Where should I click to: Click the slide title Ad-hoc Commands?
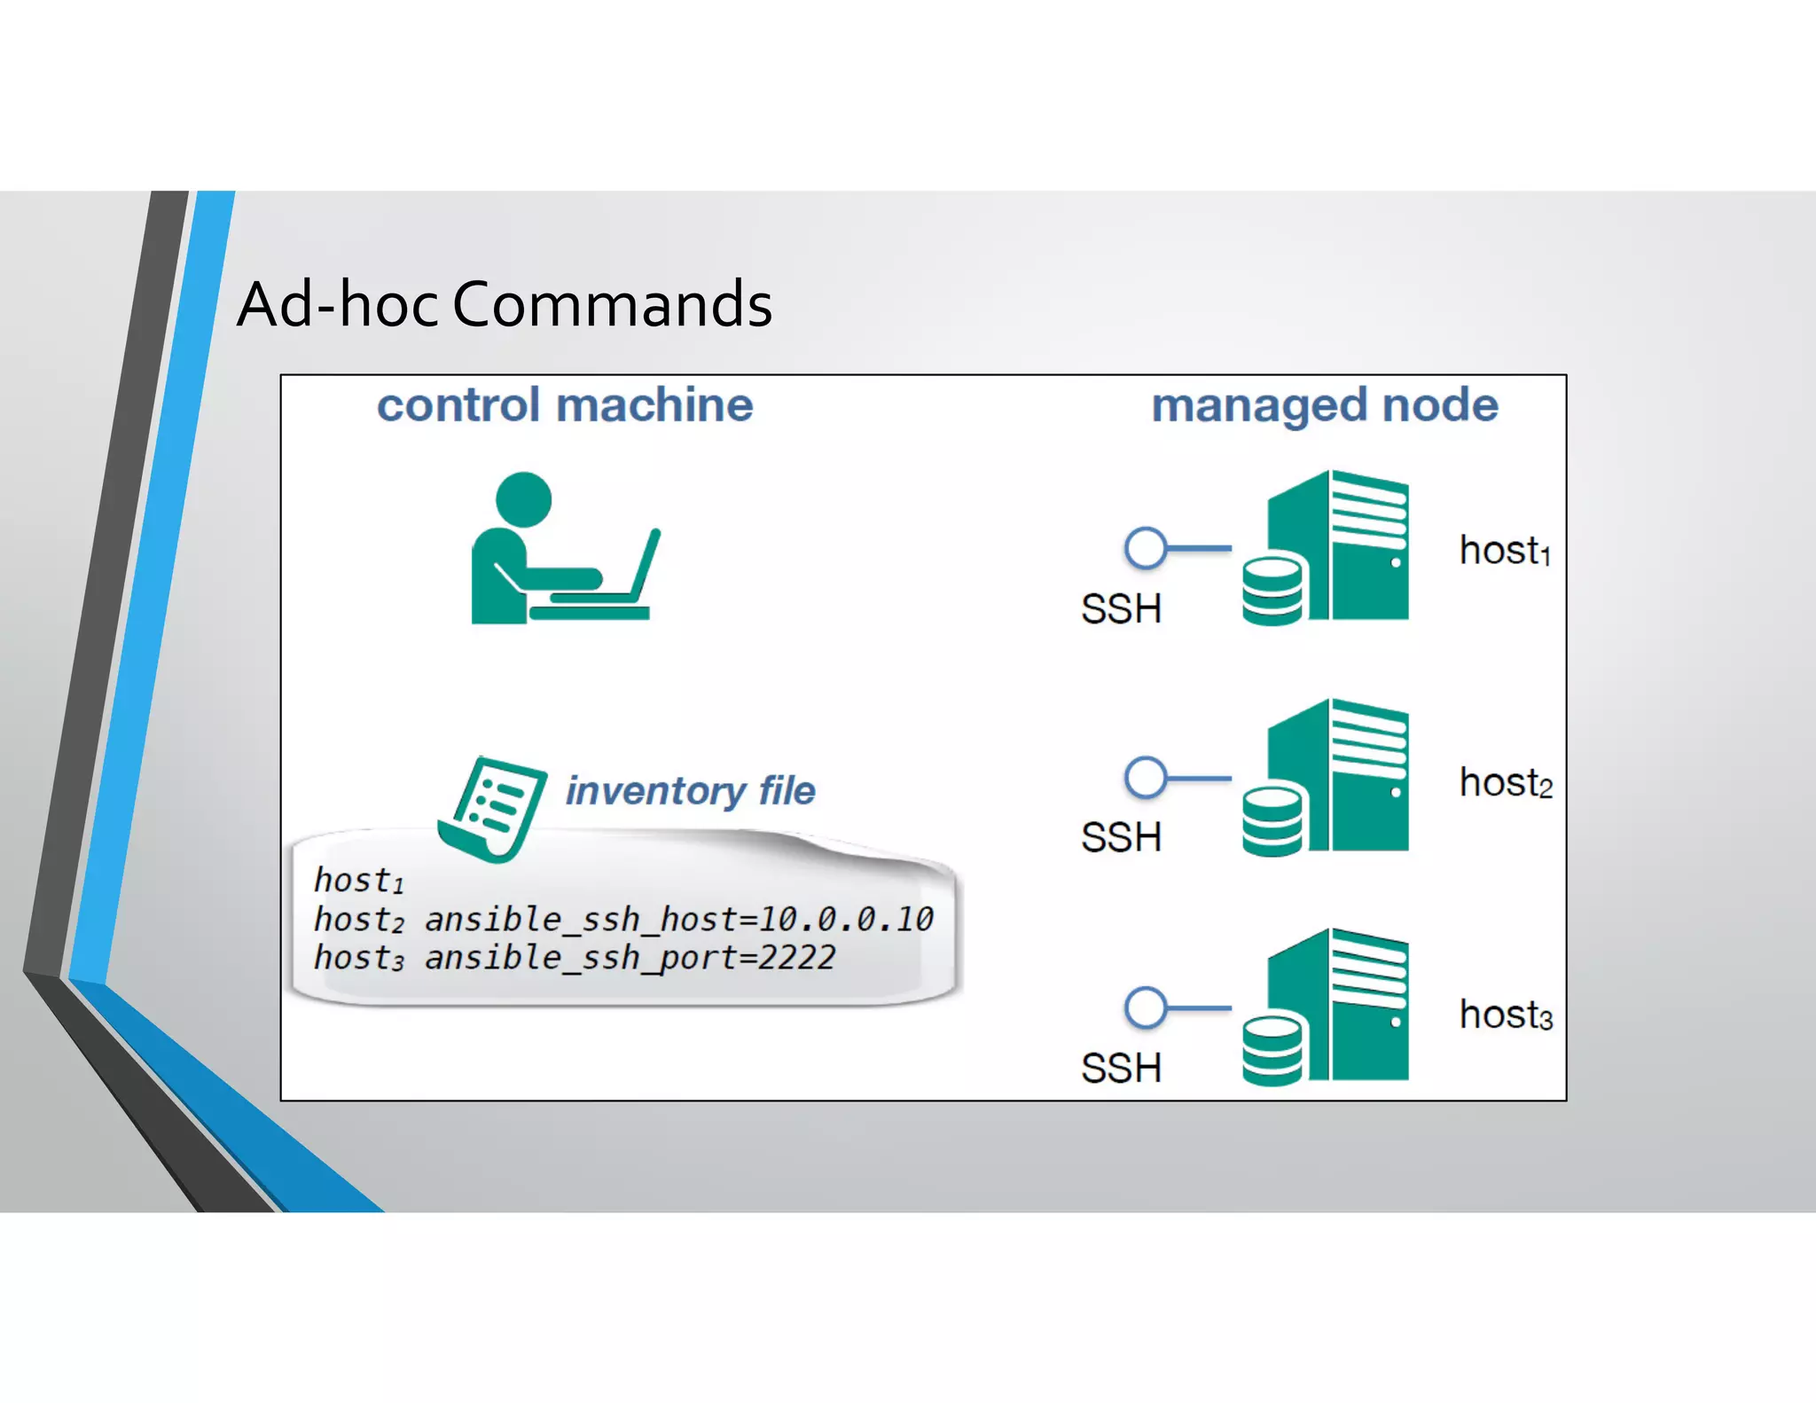(504, 304)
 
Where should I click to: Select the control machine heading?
(565, 405)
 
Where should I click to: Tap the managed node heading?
(1324, 405)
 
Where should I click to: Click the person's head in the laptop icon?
(523, 499)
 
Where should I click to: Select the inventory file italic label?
(690, 790)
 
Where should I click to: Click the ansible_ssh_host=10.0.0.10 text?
(678, 920)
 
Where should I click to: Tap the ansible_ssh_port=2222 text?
(630, 958)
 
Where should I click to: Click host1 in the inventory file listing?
(358, 881)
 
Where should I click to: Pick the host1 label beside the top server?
(1505, 551)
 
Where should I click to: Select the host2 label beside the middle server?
(1506, 783)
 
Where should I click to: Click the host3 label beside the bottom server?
(1506, 1015)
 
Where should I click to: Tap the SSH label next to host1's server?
(1121, 609)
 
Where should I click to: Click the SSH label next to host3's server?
(1121, 1068)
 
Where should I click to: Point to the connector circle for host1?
(1145, 548)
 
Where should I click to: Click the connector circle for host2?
(1145, 778)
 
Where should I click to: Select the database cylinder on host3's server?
(1272, 1051)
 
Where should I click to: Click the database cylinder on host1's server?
(1272, 591)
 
